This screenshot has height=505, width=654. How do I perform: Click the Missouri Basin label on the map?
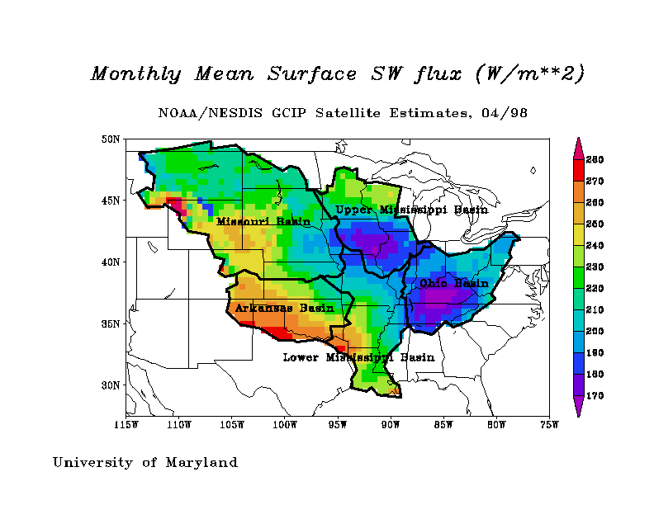tap(263, 221)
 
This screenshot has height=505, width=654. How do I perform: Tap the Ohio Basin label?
tap(454, 283)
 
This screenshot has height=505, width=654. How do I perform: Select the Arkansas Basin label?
tap(285, 308)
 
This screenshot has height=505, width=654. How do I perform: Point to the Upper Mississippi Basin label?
tap(412, 210)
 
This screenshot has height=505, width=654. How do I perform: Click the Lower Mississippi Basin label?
tap(358, 357)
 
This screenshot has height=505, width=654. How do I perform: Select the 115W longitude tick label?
tap(126, 426)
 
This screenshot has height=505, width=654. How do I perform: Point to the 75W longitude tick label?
tap(549, 426)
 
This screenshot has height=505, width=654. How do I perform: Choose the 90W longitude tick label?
tap(391, 426)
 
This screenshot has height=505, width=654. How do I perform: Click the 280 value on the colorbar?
tap(595, 159)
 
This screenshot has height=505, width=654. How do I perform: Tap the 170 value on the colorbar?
tap(595, 396)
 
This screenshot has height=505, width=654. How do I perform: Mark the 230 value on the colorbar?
tap(595, 267)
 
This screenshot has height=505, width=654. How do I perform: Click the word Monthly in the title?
tap(135, 74)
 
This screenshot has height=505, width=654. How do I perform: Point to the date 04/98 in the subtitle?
tap(506, 112)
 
